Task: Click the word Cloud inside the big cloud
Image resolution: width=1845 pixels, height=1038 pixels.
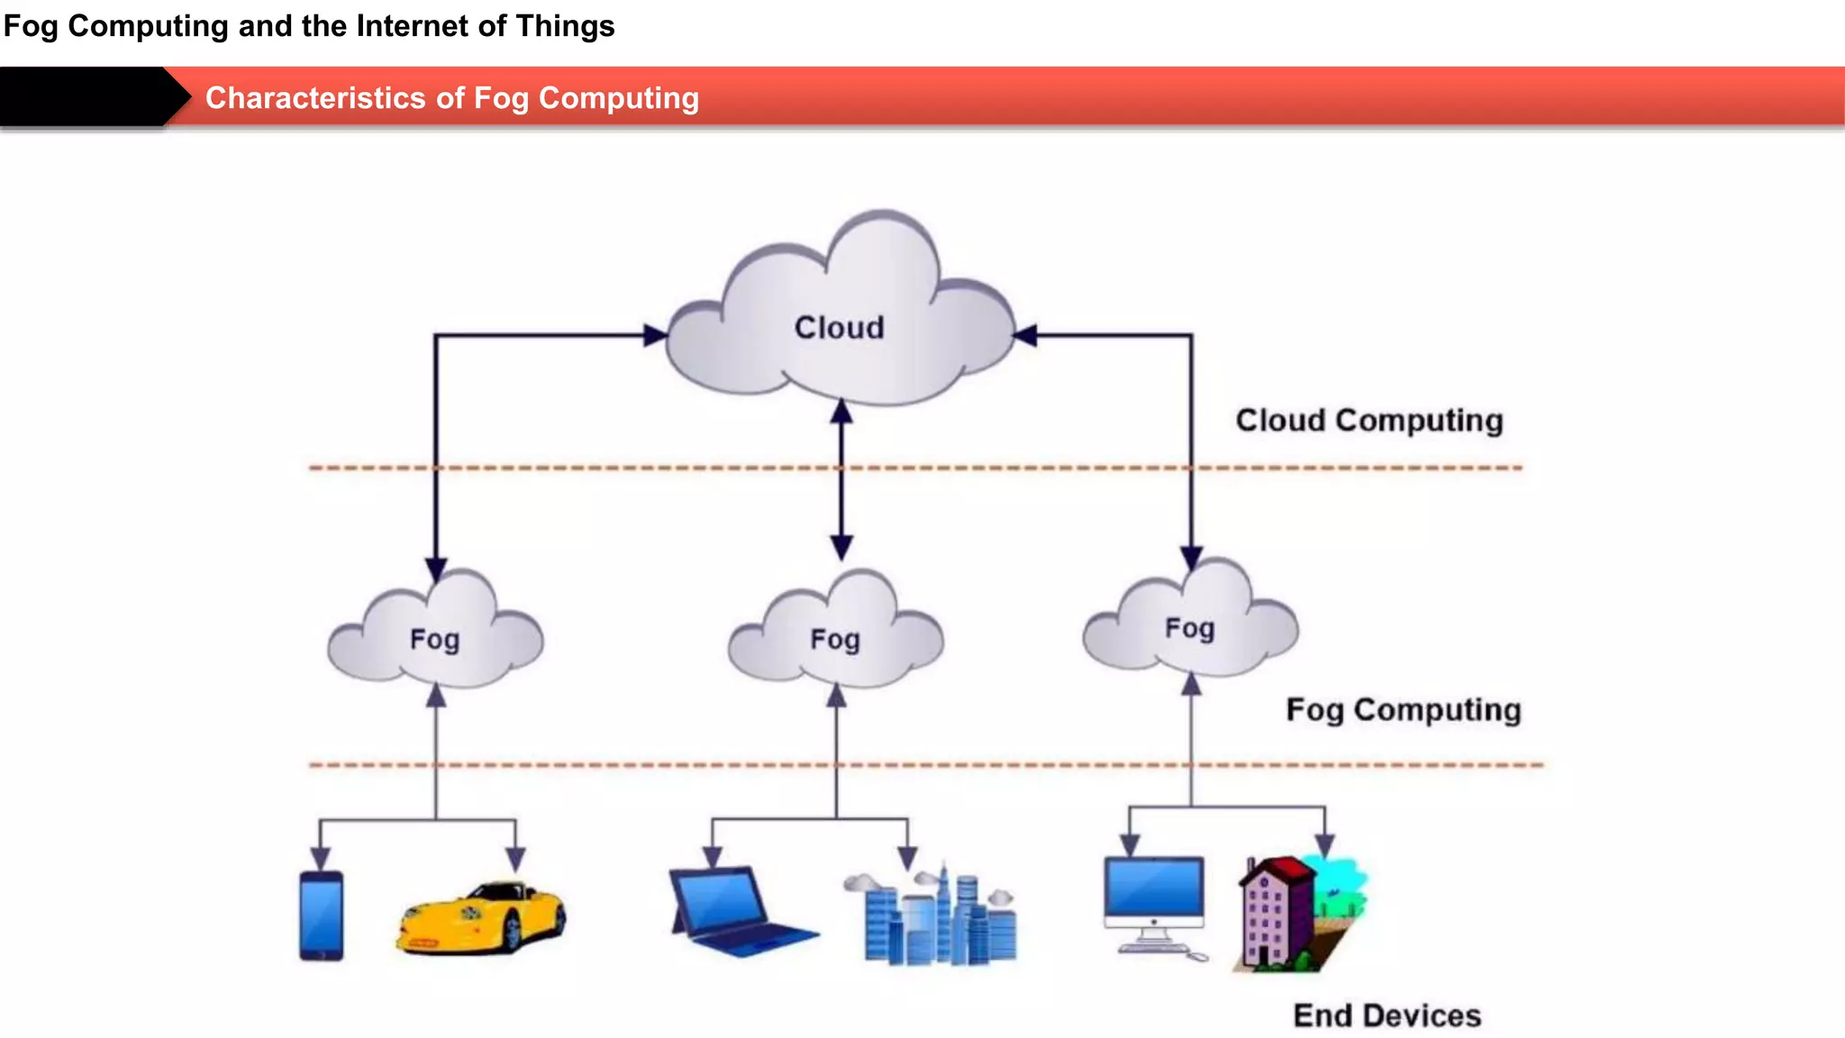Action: pyautogui.click(x=839, y=328)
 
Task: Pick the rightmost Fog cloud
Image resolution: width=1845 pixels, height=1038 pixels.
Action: pyautogui.click(x=1189, y=622)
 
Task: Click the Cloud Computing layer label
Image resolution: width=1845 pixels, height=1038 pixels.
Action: pyautogui.click(x=1368, y=421)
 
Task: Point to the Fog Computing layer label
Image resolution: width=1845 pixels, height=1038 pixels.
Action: pyautogui.click(x=1403, y=710)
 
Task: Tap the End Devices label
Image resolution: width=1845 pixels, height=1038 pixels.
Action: pyautogui.click(x=1386, y=1015)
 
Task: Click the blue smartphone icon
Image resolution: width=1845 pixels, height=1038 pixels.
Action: pyautogui.click(x=322, y=916)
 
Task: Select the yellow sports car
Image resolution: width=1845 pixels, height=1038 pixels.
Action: pyautogui.click(x=480, y=917)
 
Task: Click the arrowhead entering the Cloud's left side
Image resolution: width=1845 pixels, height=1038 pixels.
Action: pyautogui.click(x=656, y=336)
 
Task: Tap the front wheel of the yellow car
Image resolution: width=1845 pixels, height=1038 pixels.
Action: pyautogui.click(x=512, y=932)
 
